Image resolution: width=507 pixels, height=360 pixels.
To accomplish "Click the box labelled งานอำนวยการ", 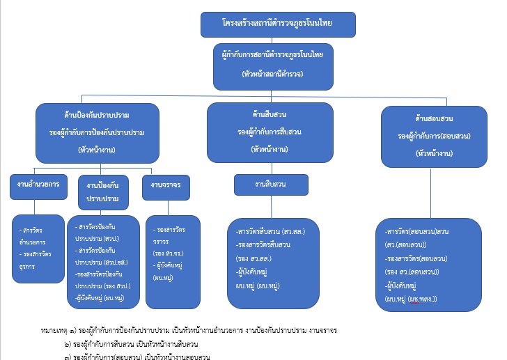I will (x=38, y=185).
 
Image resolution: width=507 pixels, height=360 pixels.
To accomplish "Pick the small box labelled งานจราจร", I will (x=166, y=186).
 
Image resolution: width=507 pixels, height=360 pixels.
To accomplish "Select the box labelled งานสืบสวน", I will (x=271, y=185).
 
